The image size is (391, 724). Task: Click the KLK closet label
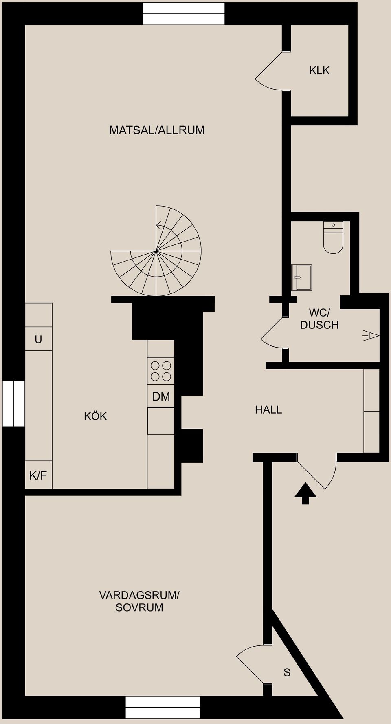point(319,70)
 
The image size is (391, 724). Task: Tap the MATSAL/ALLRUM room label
point(157,130)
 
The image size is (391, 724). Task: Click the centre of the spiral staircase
point(156,251)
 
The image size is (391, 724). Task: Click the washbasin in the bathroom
point(302,277)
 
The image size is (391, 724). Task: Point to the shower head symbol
point(371,336)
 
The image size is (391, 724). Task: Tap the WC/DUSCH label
point(319,319)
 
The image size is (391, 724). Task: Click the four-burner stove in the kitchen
point(161,371)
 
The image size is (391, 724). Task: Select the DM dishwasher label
point(161,396)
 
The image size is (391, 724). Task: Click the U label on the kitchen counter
point(38,339)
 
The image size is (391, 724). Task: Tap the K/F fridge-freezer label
point(38,475)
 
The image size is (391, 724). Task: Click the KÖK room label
point(95,416)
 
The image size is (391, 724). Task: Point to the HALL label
point(268,410)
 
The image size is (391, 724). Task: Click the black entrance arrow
point(305,493)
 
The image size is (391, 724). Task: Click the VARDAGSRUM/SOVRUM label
point(139,601)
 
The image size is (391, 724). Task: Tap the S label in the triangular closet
point(287,673)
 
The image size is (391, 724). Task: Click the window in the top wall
point(183,14)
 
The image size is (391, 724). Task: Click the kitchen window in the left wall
point(13,403)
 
